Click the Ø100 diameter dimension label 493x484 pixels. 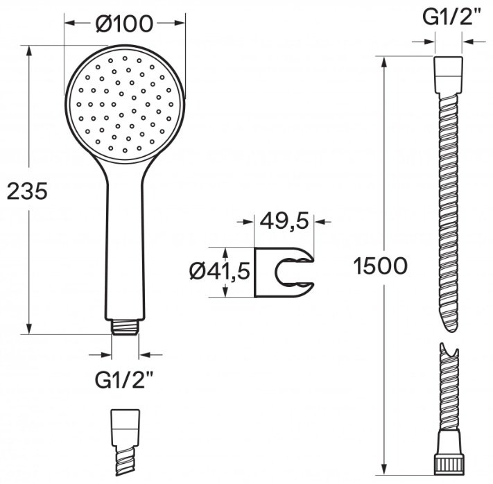tap(124, 24)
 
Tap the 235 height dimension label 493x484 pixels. tap(27, 191)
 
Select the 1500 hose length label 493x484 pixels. tap(381, 266)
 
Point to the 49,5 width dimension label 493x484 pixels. tap(284, 222)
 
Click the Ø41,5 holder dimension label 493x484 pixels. tap(220, 271)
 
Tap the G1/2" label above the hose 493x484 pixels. tap(448, 17)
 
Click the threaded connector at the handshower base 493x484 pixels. tap(125, 327)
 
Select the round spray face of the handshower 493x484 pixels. tap(125, 105)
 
